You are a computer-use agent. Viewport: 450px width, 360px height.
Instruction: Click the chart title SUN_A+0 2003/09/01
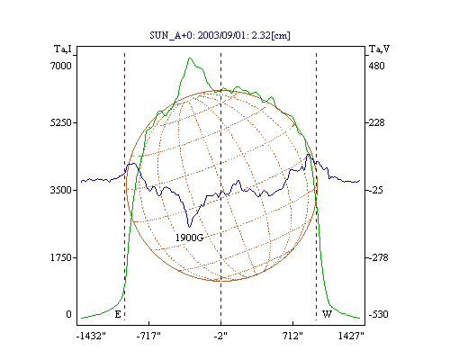click(x=220, y=35)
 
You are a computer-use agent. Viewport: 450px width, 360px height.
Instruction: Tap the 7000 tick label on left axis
click(x=61, y=66)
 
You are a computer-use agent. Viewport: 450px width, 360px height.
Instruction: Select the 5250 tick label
click(x=61, y=122)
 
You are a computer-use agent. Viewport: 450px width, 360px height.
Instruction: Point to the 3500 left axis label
click(x=61, y=190)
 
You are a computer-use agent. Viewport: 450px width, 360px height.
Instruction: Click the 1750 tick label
click(x=61, y=257)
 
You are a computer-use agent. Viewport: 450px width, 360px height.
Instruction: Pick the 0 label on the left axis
click(x=68, y=314)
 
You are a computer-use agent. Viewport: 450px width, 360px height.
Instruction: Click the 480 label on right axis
click(x=376, y=66)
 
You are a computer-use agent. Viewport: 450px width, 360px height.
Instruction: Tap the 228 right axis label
click(x=376, y=122)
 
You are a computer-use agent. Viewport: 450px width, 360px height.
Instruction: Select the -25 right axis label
click(x=375, y=190)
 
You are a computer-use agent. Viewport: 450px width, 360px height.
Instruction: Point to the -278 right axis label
click(x=378, y=257)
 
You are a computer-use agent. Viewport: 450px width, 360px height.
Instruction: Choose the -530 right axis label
click(x=378, y=314)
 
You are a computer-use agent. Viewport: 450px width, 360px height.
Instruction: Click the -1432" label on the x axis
click(x=91, y=336)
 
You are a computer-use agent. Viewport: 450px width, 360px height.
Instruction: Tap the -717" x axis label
click(x=148, y=336)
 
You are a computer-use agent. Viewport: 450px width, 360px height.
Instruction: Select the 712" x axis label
click(x=292, y=336)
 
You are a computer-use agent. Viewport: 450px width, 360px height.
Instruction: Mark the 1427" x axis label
click(x=351, y=336)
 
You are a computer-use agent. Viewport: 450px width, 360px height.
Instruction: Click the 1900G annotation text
click(x=189, y=238)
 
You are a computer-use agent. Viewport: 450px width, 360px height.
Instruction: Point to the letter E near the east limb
click(x=118, y=314)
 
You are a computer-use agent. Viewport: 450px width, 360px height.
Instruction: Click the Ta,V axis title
click(x=379, y=49)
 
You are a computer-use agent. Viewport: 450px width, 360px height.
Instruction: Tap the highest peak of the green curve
click(x=190, y=58)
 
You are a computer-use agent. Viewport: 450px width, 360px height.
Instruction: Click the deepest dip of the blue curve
click(x=189, y=227)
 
